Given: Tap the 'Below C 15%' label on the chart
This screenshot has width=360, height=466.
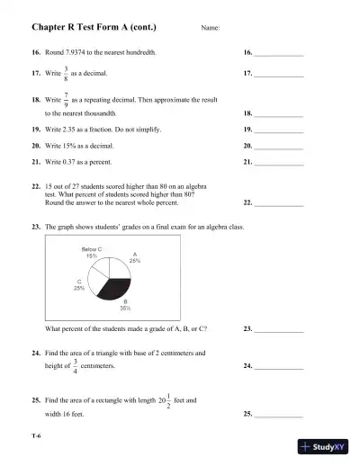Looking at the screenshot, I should [x=91, y=252].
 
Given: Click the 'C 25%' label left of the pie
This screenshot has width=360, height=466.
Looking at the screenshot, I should [x=80, y=284].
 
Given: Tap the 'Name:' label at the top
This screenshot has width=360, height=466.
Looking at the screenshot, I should [x=211, y=30].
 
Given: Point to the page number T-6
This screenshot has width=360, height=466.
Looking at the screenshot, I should [x=37, y=435].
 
